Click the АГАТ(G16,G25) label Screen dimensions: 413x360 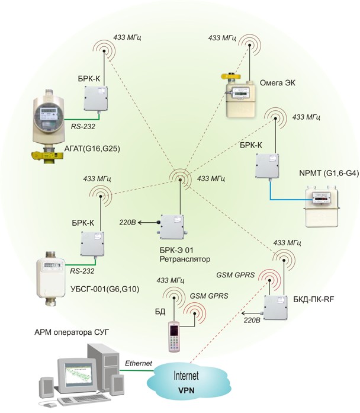[x=92, y=149]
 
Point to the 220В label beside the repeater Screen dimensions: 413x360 [x=127, y=222]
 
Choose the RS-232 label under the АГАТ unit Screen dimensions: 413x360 [x=83, y=126]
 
